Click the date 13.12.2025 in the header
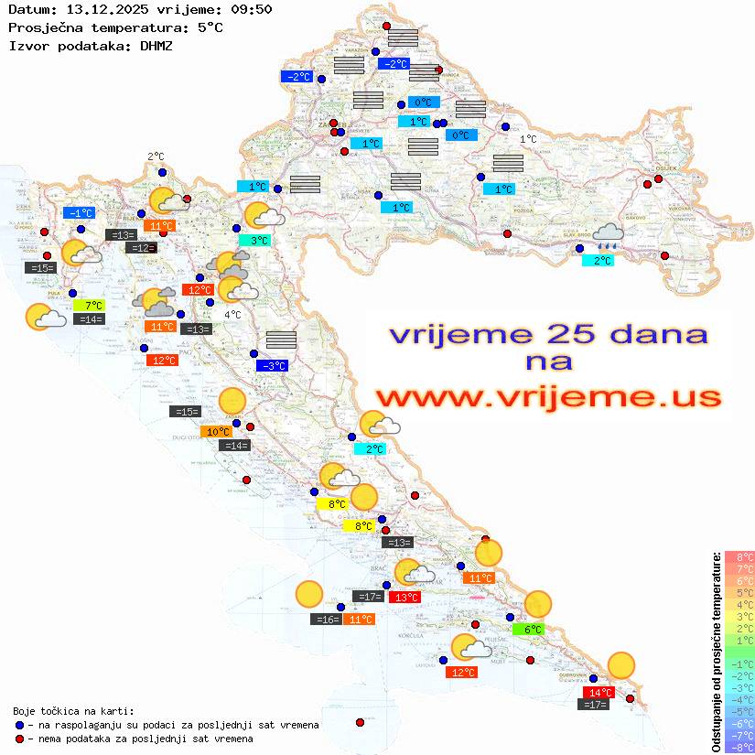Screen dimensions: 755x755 point(101,10)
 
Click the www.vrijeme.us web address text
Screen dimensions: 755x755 point(548,398)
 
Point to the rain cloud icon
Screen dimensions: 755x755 point(608,237)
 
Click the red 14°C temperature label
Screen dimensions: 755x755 point(599,692)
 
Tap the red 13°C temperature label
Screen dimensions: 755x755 point(405,598)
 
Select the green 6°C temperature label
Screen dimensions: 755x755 point(534,629)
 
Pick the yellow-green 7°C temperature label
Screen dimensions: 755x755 point(92,305)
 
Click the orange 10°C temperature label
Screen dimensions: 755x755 point(218,432)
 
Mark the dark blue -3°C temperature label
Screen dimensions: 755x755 point(273,366)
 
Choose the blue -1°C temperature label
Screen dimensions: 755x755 point(81,213)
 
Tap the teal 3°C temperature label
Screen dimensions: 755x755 point(260,241)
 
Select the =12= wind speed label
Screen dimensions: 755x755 point(141,248)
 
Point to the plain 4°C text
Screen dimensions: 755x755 point(232,315)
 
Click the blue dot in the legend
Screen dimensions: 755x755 point(19,725)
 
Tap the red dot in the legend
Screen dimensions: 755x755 point(19,739)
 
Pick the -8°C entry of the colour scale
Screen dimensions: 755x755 point(739,747)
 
